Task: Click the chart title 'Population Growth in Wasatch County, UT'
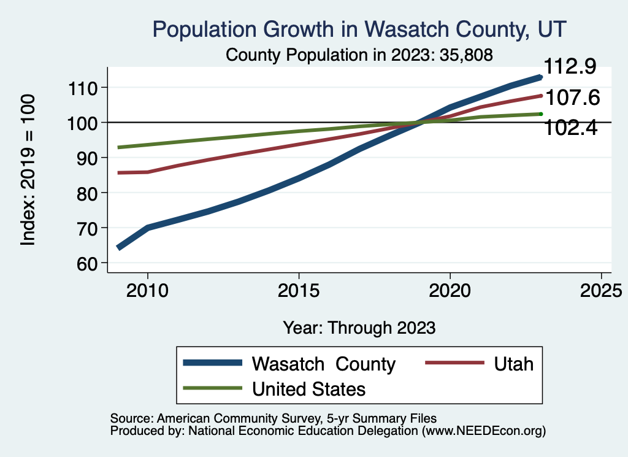[x=359, y=29]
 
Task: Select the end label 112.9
[x=571, y=67]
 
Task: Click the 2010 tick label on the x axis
[x=147, y=290]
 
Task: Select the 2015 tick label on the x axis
[x=299, y=290]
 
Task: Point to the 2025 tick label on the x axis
[x=602, y=290]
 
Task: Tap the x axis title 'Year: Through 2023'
[x=359, y=328]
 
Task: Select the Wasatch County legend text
[x=323, y=364]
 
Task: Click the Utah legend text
[x=513, y=364]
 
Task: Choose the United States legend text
[x=308, y=389]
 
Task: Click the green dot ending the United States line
[x=540, y=114]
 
